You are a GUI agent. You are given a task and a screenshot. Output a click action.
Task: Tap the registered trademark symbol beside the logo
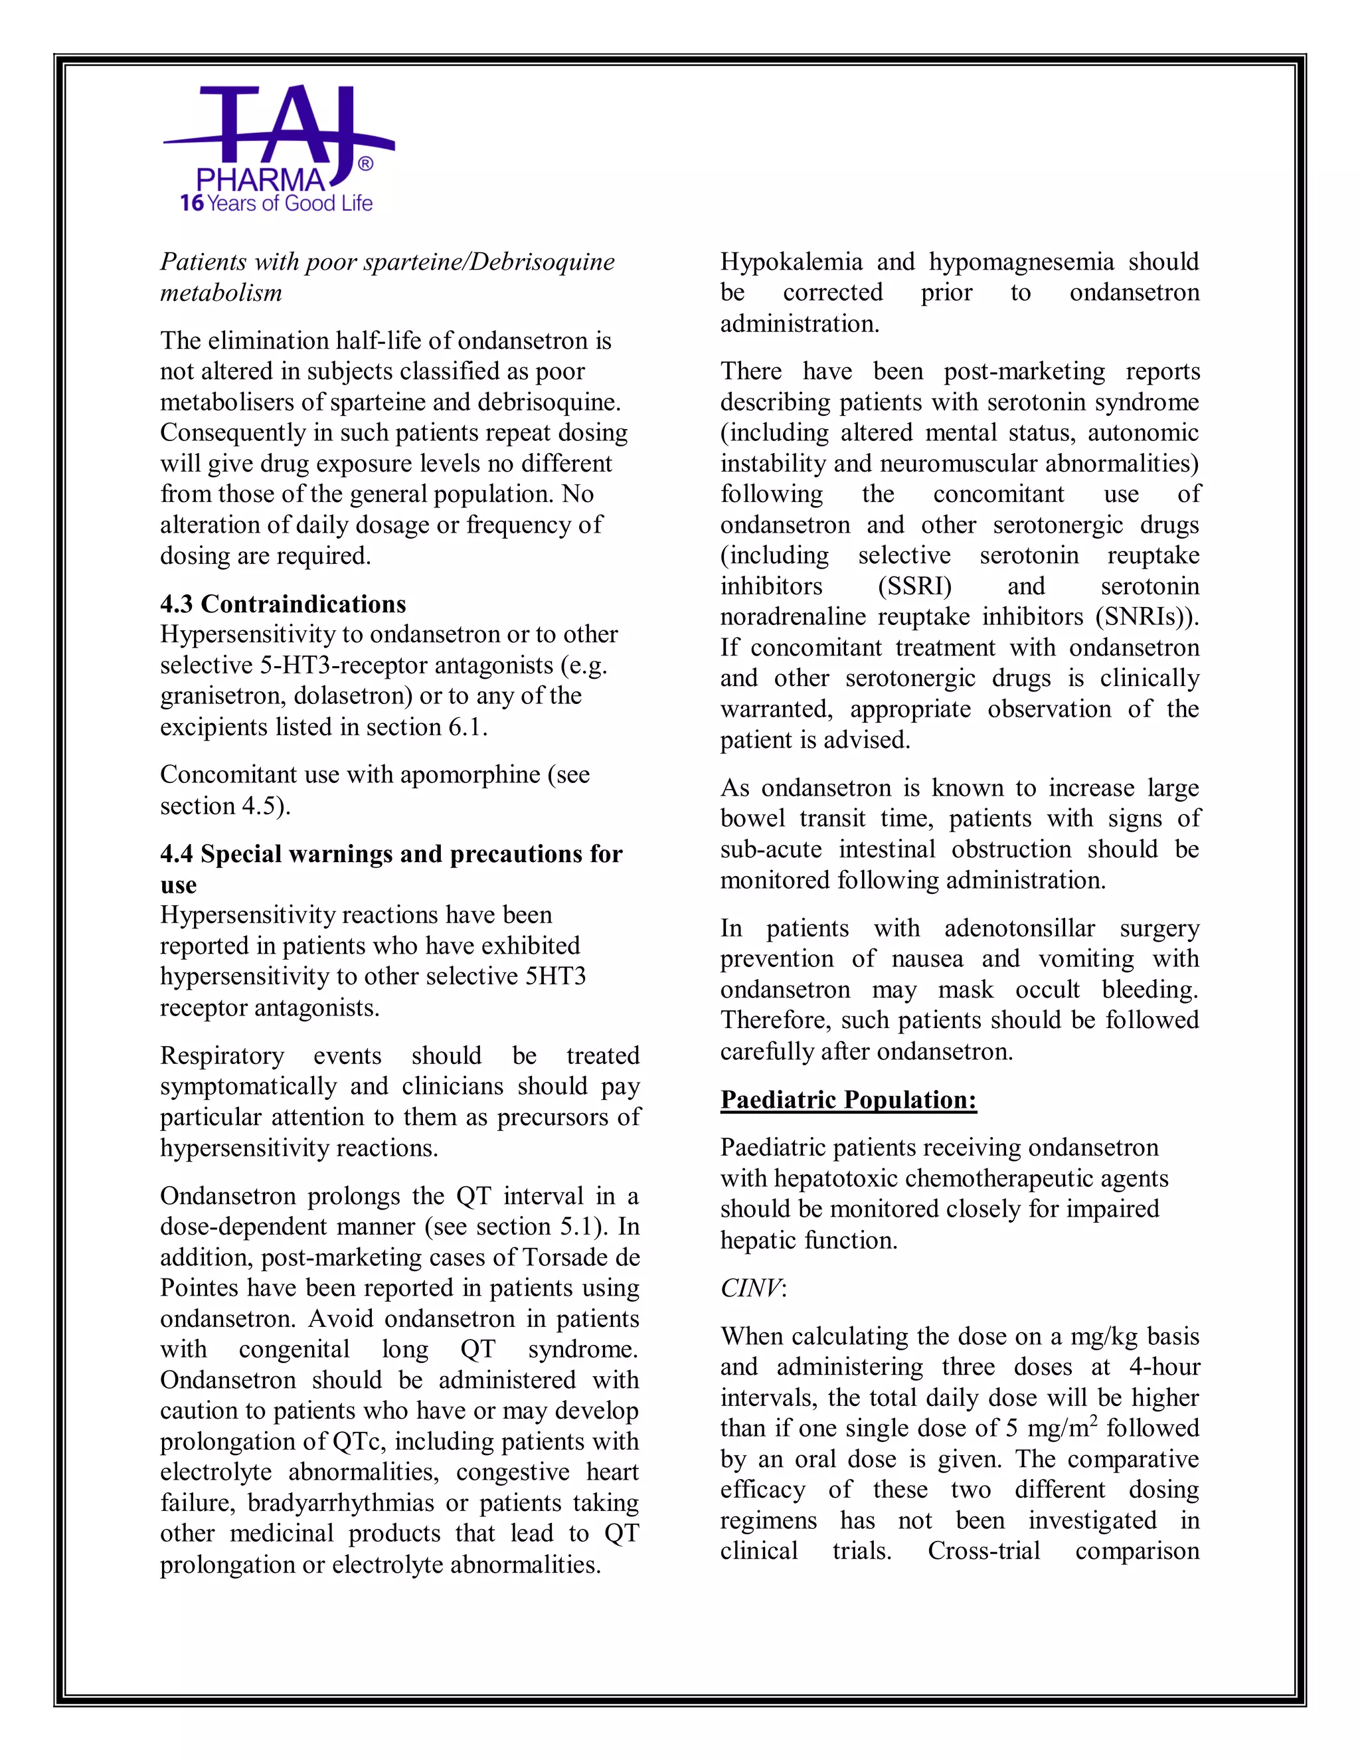tap(365, 165)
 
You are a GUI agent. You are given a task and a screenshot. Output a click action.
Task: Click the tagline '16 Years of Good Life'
tap(276, 203)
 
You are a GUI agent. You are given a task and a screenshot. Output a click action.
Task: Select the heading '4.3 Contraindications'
tap(283, 604)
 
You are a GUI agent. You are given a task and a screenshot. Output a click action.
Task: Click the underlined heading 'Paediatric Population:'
tap(849, 1100)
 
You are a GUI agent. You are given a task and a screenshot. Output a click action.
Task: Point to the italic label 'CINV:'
tap(752, 1288)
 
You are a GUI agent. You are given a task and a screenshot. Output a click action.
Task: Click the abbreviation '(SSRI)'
tap(914, 586)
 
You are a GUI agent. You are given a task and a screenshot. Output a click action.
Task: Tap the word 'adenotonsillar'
tap(1019, 928)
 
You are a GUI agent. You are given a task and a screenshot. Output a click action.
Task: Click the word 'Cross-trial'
tap(983, 1551)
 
